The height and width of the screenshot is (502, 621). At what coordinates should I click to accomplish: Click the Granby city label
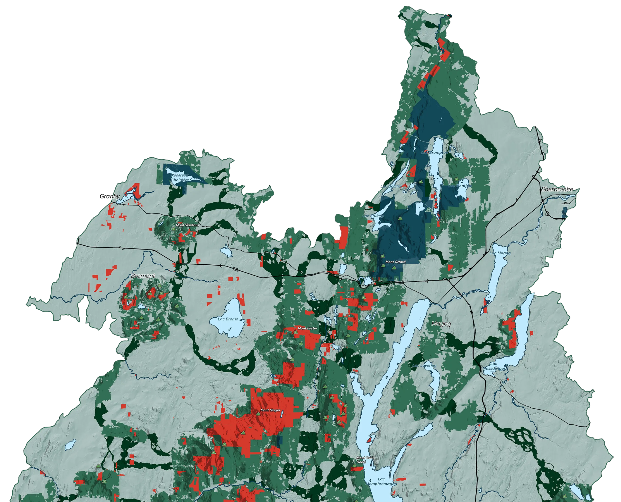[x=109, y=196]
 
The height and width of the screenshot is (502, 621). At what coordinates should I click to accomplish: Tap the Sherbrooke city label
[x=557, y=189]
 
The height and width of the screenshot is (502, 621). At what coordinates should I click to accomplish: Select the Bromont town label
[x=143, y=276]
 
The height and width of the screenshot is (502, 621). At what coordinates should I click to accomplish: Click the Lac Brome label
[x=228, y=319]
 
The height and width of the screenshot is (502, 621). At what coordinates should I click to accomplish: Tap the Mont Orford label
[x=395, y=262]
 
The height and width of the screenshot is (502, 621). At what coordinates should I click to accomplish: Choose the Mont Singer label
[x=270, y=410]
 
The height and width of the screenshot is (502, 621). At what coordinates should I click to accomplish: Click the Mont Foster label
[x=308, y=328]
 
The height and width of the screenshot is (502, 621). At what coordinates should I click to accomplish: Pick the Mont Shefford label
[x=187, y=225]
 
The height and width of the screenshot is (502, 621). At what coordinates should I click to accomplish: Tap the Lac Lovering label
[x=424, y=366]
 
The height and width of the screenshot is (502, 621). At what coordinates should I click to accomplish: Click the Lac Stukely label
[x=373, y=216]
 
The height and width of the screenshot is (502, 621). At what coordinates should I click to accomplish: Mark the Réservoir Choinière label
[x=180, y=178]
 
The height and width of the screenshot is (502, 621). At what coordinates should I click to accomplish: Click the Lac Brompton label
[x=434, y=152]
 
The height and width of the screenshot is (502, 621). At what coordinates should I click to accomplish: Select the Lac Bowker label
[x=391, y=186]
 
